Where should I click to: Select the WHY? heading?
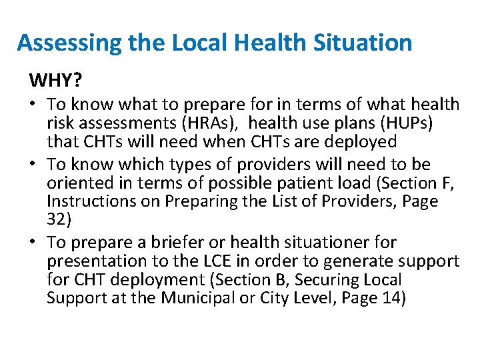pyautogui.click(x=56, y=81)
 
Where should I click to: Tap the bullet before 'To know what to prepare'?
pyautogui.click(x=33, y=105)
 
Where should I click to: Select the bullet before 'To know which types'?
pyautogui.click(x=33, y=164)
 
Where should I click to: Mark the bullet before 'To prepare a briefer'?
pyautogui.click(x=33, y=241)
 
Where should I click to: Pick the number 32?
pyautogui.click(x=57, y=219)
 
